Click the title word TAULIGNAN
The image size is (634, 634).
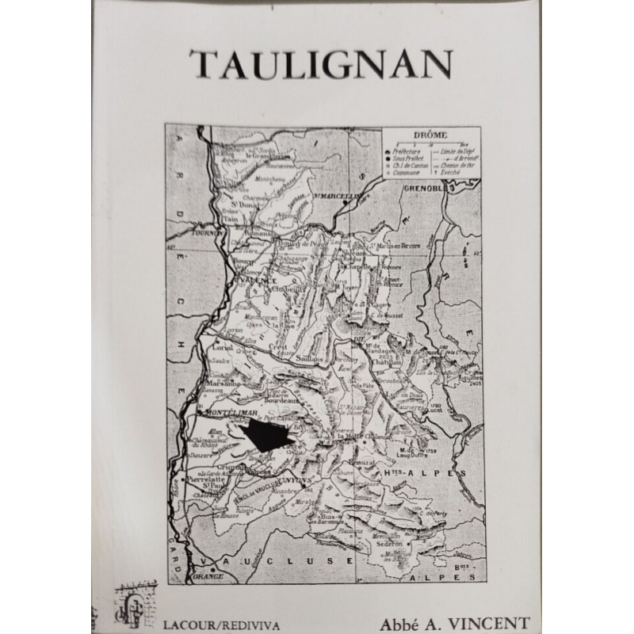click(321, 63)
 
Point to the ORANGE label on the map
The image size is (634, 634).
click(204, 577)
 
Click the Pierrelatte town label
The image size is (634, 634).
click(212, 480)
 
